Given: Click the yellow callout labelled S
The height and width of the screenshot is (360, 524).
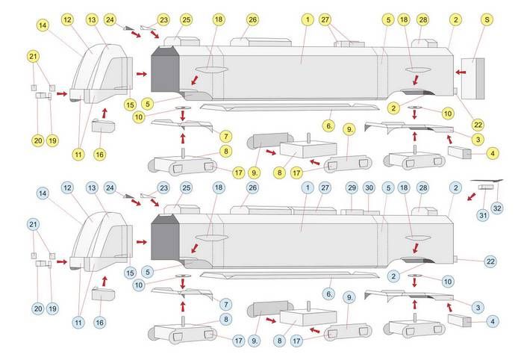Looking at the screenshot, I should [487, 19].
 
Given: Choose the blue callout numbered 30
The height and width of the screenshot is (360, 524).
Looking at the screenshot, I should [369, 187].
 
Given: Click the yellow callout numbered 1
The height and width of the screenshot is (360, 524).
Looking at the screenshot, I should [307, 19].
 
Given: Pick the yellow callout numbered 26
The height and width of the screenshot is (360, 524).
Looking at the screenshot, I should [252, 19].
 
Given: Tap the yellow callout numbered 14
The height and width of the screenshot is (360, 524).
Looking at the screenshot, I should [43, 25].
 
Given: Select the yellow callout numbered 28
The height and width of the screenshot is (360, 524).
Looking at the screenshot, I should [423, 19].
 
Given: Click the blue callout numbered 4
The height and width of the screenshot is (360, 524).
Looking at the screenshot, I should [492, 321].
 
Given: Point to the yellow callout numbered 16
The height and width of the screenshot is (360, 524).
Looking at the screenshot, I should [99, 154].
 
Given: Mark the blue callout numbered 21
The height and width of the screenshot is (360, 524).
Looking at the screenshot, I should [32, 224].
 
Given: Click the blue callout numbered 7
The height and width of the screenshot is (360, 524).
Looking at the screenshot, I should [225, 305].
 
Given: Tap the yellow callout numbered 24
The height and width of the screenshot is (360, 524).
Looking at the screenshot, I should [110, 19].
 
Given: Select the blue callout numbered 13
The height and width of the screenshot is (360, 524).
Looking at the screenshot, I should [92, 187].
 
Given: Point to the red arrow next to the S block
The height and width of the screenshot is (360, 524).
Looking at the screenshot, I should [462, 72].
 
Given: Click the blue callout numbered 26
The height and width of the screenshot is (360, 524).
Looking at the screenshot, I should [252, 187].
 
